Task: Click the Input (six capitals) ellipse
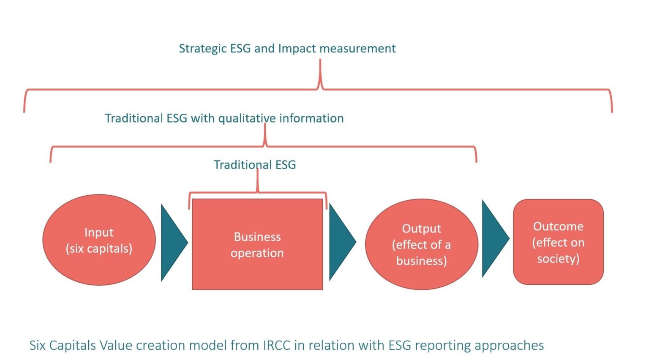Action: pos(99,240)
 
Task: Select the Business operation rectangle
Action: pos(257,245)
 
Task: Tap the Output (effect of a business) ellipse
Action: pos(421,245)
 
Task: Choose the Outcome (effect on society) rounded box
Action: pos(558,242)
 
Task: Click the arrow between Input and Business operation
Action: pos(172,243)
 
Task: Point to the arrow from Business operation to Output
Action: pos(341,242)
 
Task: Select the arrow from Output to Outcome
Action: pos(494,239)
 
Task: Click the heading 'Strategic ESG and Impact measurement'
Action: pos(287,49)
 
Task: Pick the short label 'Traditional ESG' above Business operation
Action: pos(255,165)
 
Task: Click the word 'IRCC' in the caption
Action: pos(277,345)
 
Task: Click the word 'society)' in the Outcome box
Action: pos(558,259)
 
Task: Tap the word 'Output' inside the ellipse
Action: pos(421,229)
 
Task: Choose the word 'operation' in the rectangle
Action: pos(257,253)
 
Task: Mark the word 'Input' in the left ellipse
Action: pos(99,232)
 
